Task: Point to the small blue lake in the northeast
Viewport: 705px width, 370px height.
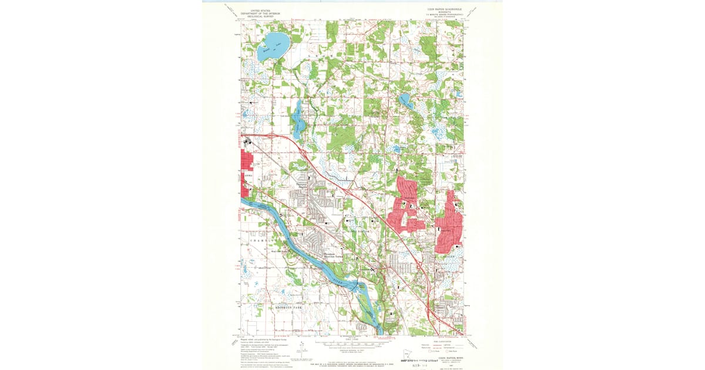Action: (x=405, y=100)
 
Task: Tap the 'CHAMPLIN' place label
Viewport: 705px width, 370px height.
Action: (x=262, y=240)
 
